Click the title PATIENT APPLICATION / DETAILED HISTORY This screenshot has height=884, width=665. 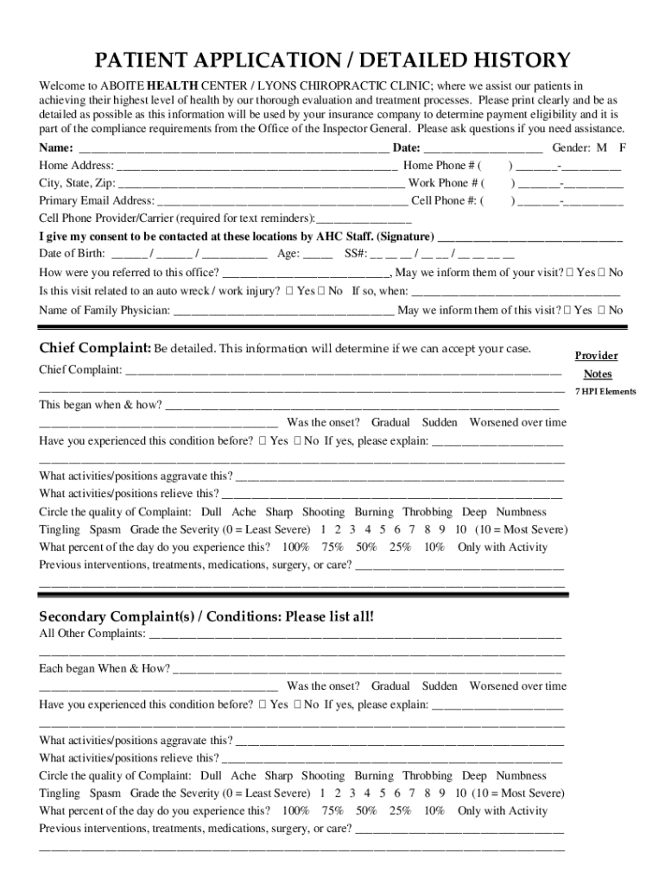click(x=332, y=60)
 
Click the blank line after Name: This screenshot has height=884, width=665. click(x=233, y=148)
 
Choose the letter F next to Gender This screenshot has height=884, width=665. click(x=622, y=148)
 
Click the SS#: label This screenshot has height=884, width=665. click(x=356, y=255)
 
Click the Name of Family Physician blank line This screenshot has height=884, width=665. click(x=284, y=311)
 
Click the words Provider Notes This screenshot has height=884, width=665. click(x=597, y=364)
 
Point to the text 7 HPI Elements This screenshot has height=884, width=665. click(x=605, y=391)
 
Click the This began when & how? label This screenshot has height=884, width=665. click(x=100, y=404)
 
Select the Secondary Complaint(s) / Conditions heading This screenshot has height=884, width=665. click(x=206, y=616)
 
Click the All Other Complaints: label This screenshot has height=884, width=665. click(x=92, y=634)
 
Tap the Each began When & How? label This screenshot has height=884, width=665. click(x=104, y=668)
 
